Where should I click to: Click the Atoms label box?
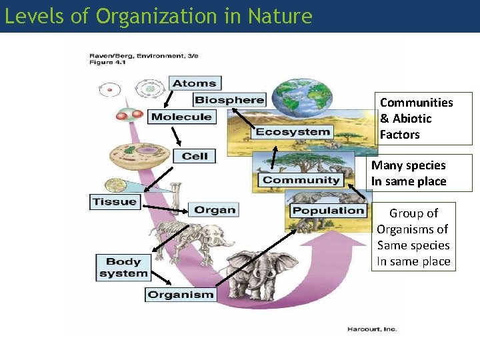tap(194, 83)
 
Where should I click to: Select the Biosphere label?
tap(229, 100)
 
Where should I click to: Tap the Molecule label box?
tap(181, 117)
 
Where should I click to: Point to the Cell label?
tap(195, 156)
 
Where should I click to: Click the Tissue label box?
tap(115, 201)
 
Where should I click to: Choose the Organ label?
tap(214, 210)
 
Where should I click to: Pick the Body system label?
tap(123, 267)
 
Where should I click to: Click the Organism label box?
tap(181, 294)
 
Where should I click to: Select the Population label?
tap(329, 211)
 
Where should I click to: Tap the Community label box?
tap(301, 180)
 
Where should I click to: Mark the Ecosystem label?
tap(293, 131)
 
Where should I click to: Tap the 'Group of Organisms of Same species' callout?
tap(413, 237)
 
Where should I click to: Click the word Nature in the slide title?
tap(278, 16)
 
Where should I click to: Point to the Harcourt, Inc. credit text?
tap(371, 329)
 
